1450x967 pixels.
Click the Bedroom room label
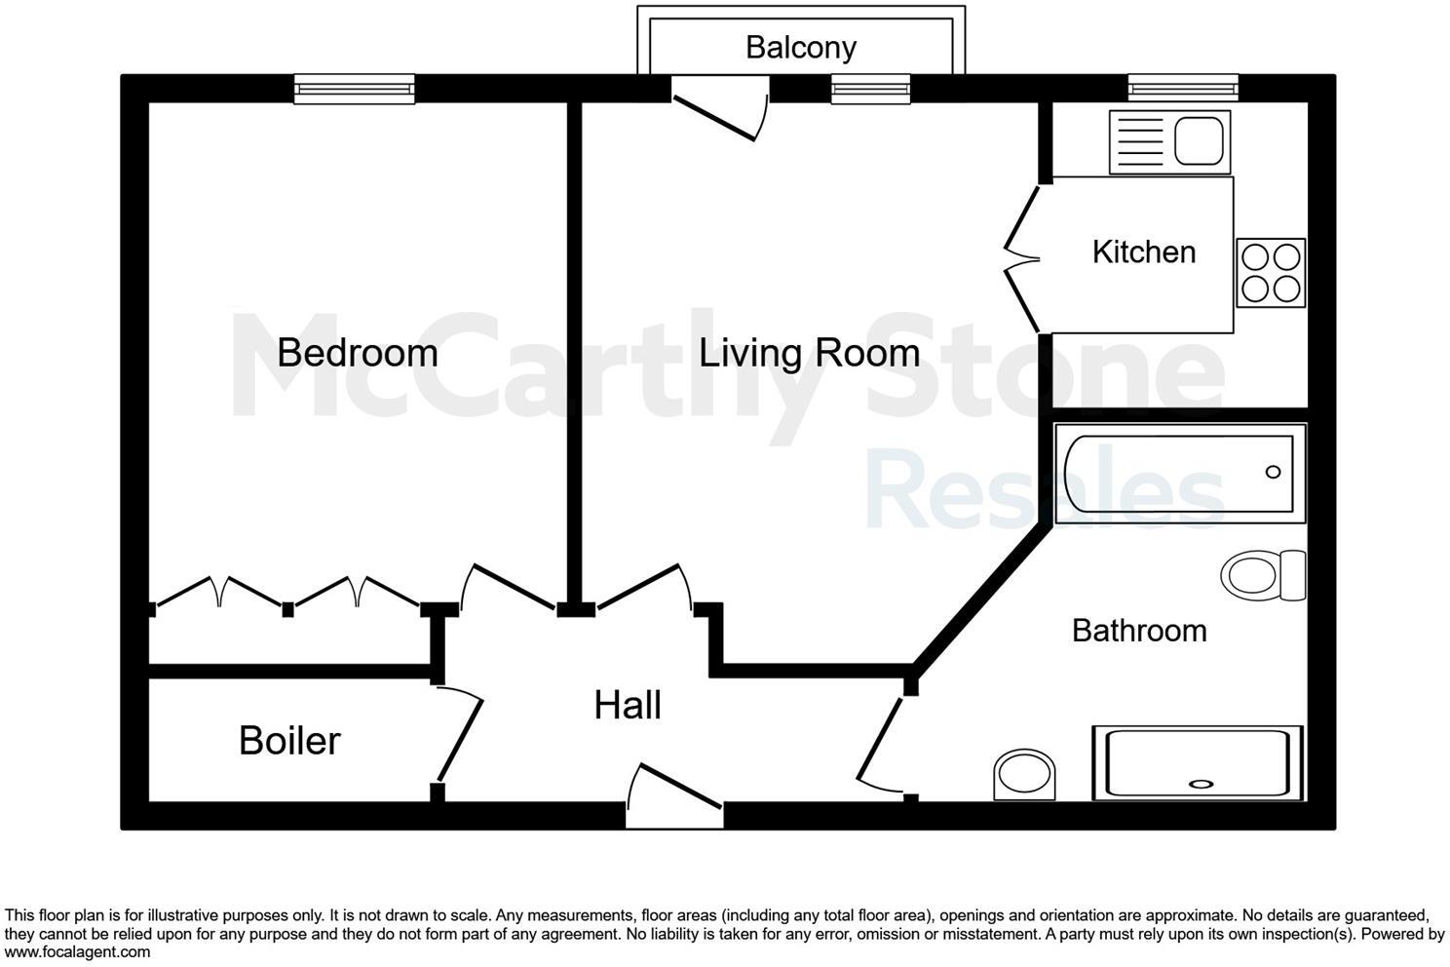point(357,352)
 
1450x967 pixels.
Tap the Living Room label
point(809,353)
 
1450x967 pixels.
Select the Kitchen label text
point(1143,251)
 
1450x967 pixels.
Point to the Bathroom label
point(1139,631)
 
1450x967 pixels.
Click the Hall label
point(628,705)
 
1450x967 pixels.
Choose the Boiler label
point(289,741)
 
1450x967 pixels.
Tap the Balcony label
point(800,47)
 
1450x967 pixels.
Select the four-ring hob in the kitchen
point(1271,273)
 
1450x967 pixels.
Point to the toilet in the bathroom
point(1263,575)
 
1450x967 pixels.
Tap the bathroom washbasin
point(1024,775)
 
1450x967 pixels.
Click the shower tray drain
point(1200,783)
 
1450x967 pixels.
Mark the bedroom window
point(355,91)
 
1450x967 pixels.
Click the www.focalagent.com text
point(77,952)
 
